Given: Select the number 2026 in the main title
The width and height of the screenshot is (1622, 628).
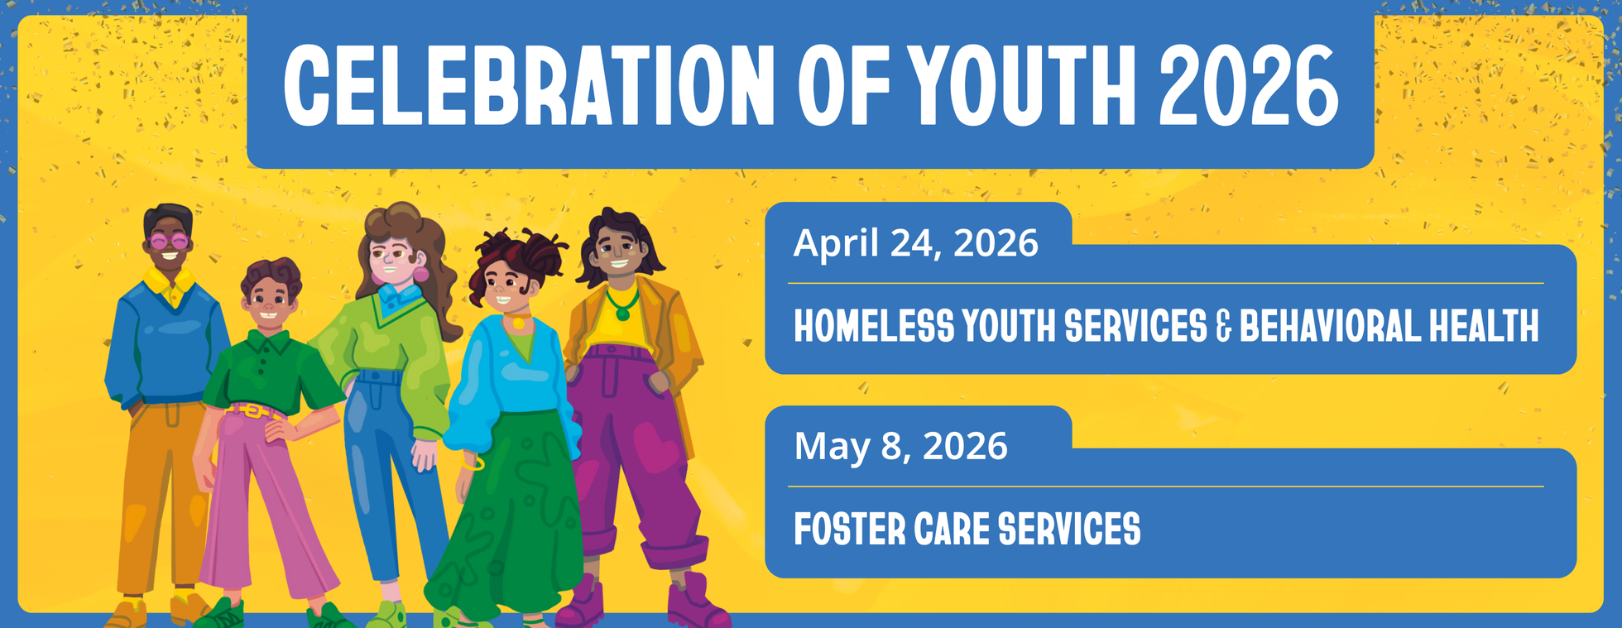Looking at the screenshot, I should coord(1249,85).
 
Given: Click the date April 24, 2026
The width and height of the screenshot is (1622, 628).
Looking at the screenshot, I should coord(915,243).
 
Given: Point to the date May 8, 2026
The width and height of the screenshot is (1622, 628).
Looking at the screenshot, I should coord(900,447).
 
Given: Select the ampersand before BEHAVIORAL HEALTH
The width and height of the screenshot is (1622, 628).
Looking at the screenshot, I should coord(1224,327).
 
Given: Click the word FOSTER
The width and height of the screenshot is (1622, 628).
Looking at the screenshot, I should coord(848,530).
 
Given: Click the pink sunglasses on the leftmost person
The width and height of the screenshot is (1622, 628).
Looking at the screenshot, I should coord(169,242).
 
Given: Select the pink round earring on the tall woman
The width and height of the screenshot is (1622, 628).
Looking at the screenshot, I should coord(421,274).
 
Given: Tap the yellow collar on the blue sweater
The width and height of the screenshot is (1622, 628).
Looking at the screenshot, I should coord(170,285).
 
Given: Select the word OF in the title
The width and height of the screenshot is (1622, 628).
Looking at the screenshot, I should coord(845,85).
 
